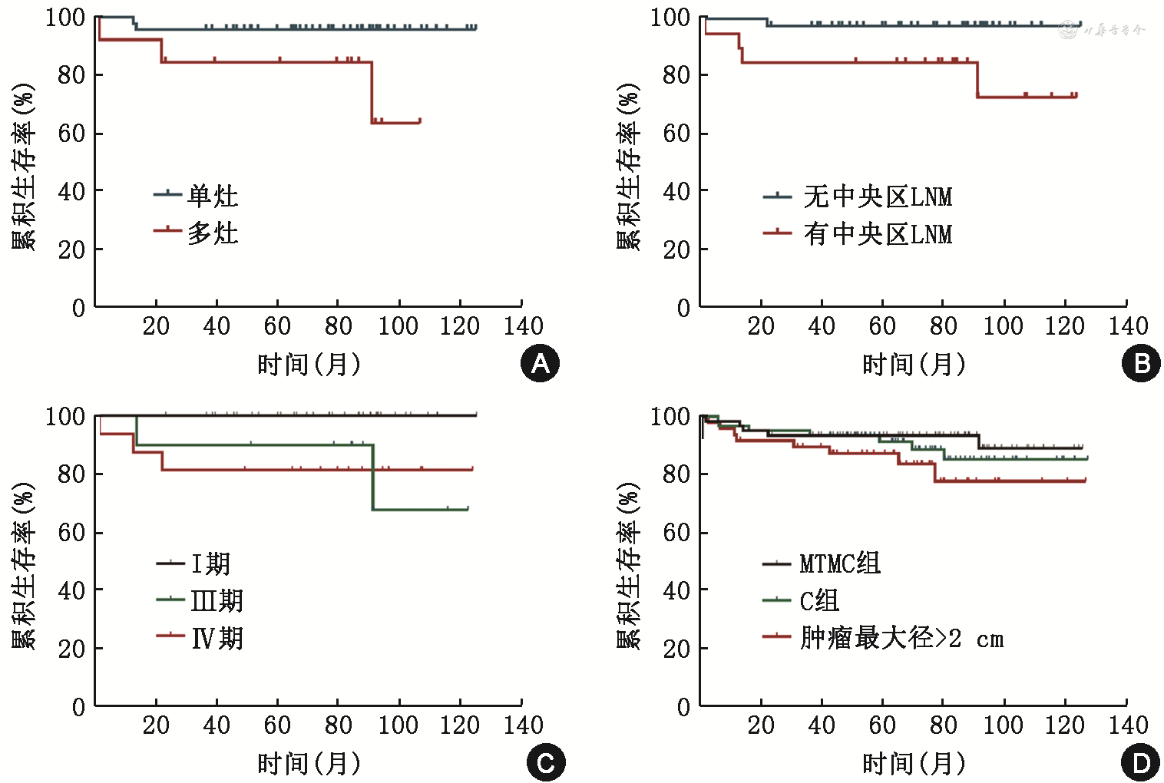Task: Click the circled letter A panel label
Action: (x=540, y=363)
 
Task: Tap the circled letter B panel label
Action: (x=1141, y=363)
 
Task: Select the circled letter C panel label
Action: (x=545, y=763)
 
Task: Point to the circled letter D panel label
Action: (x=1141, y=763)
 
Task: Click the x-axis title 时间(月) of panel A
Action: (x=309, y=364)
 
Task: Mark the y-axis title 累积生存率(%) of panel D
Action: (x=628, y=566)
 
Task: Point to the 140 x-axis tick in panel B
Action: (x=1128, y=325)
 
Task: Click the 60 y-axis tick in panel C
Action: (x=71, y=533)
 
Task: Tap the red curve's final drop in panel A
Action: (x=372, y=92)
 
